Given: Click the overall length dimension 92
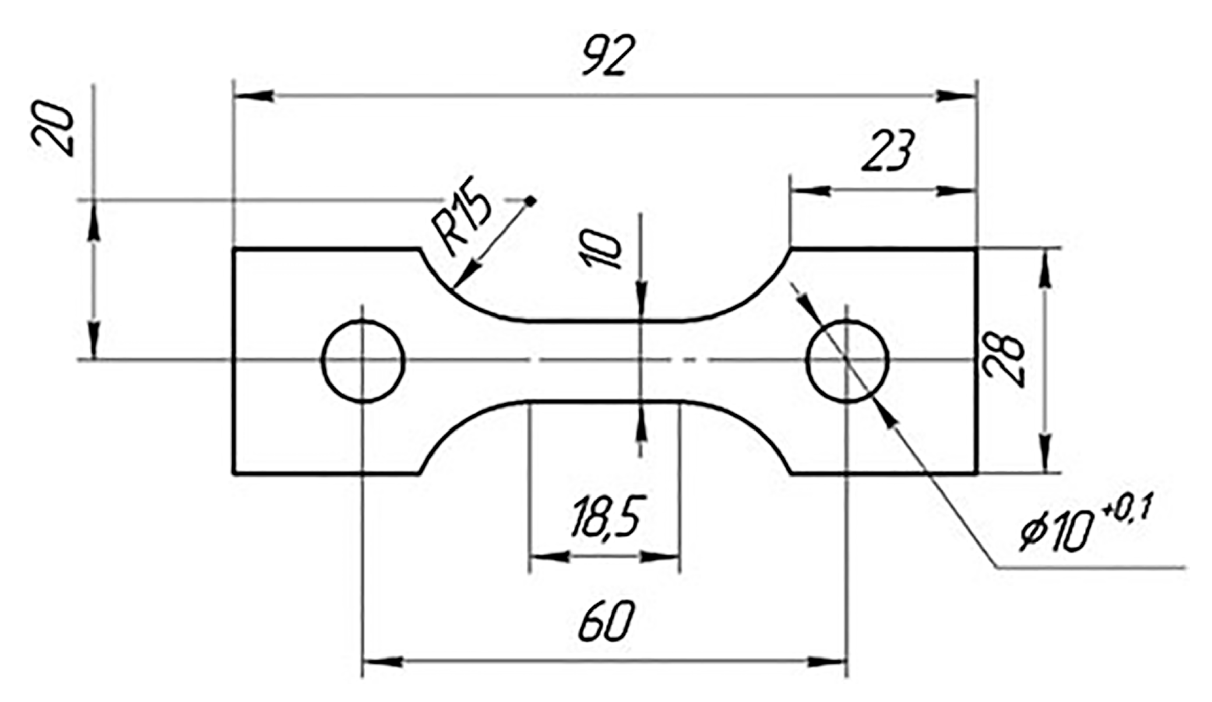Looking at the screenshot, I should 609,55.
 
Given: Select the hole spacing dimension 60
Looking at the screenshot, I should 606,621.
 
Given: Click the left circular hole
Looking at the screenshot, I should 363,360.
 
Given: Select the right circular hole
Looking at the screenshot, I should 847,360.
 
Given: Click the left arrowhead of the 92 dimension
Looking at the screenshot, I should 253,96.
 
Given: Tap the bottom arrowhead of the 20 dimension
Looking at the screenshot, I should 94,340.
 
